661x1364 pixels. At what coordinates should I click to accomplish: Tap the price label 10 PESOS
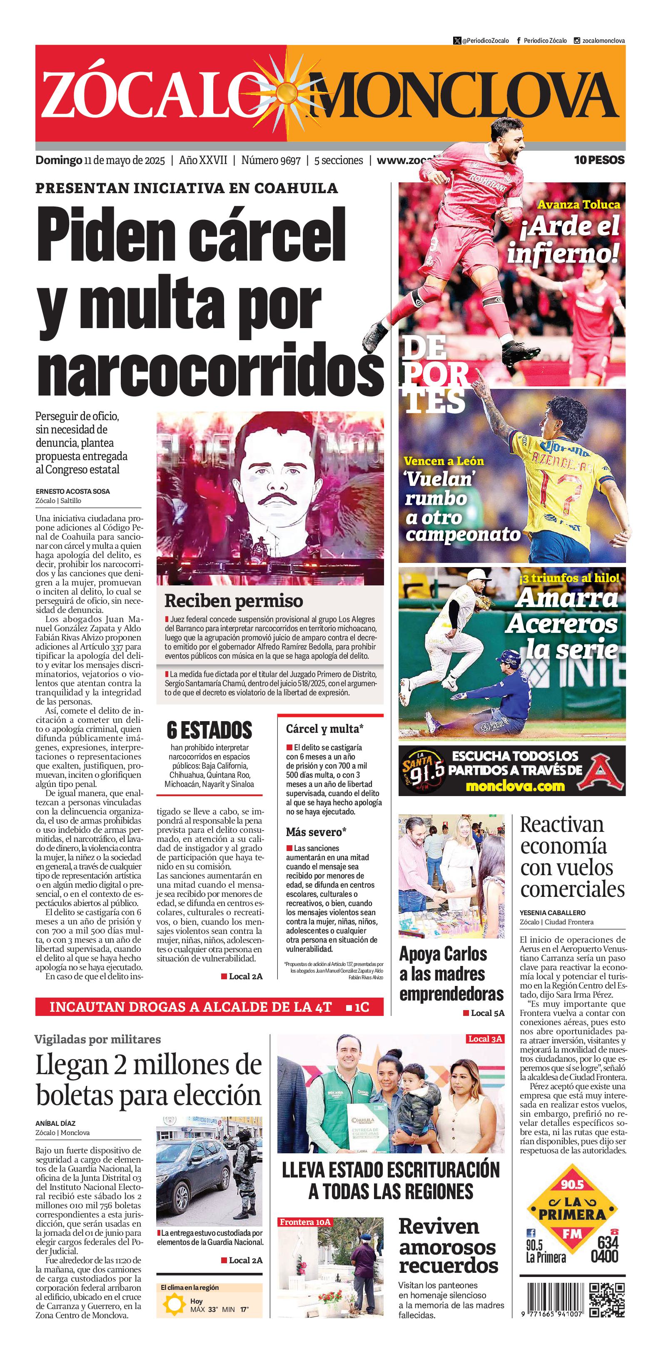pos(599,160)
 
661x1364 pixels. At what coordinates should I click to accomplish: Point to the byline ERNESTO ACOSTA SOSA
pos(72,491)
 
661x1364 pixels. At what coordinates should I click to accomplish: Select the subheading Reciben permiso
pos(234,600)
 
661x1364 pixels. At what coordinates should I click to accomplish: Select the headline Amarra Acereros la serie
pos(562,624)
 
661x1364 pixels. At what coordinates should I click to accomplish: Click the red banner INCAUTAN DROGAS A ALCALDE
pos(209,1007)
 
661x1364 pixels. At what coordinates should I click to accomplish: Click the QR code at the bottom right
pos(607,1299)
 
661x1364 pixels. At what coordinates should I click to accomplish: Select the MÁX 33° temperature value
pos(205,1309)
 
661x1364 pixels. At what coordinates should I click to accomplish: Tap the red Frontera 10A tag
pos(304,1222)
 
